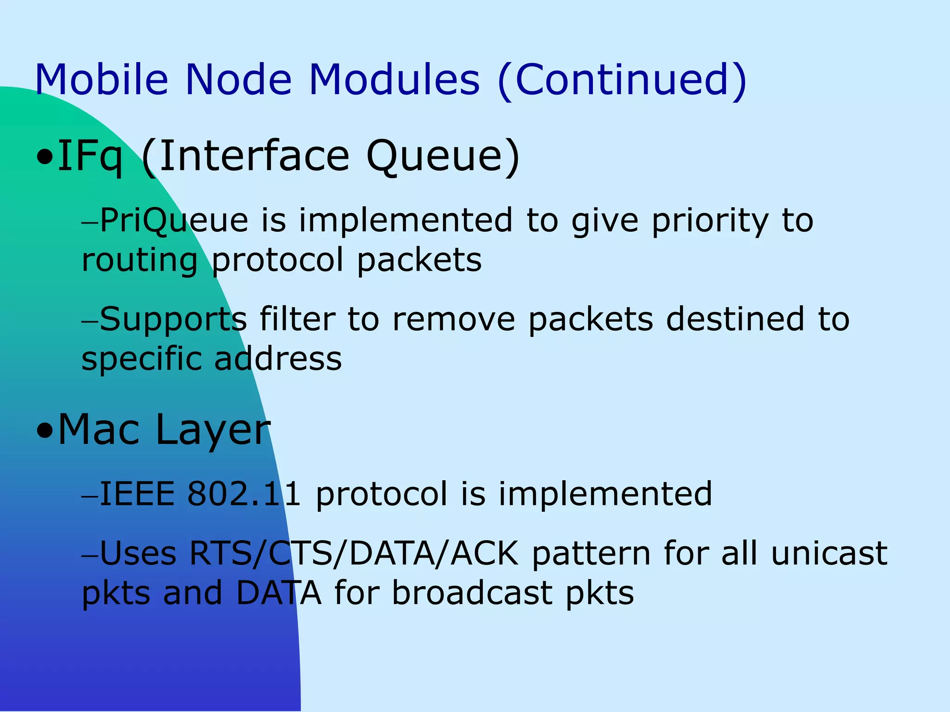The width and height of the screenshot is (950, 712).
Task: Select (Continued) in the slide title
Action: point(622,80)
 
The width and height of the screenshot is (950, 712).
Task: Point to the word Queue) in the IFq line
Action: point(443,157)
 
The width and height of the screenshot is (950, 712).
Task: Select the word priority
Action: point(710,222)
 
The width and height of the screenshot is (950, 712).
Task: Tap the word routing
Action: point(140,261)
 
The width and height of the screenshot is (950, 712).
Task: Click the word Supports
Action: point(173,320)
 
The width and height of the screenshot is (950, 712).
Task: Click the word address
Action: point(278,359)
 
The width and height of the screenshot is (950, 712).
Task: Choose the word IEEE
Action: point(137,493)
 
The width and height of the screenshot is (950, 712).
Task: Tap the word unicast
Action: point(829,553)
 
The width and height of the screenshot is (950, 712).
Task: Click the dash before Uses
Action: point(90,555)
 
